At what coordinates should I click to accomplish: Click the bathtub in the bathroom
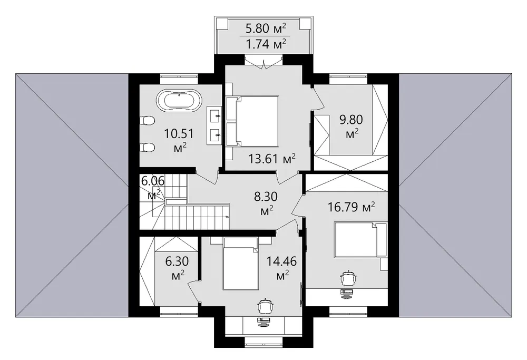tap(179, 100)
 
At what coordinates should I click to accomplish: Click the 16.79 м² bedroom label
tap(351, 207)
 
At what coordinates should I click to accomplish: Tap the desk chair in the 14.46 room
tap(266, 306)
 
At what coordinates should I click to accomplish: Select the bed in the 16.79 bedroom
tap(360, 240)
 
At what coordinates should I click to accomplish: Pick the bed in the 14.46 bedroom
tap(241, 264)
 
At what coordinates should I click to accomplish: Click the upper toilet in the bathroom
tap(147, 120)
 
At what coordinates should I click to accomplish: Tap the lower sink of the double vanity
tap(215, 135)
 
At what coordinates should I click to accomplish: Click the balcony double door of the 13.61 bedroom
tap(263, 63)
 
